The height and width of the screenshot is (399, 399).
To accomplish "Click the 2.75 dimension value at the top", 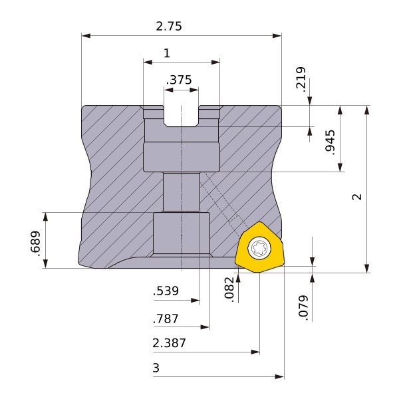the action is point(169,26).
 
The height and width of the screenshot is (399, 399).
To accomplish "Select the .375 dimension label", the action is point(179,80).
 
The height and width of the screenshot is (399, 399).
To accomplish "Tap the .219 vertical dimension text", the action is point(301,79).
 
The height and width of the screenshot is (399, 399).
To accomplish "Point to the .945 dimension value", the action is point(331,142).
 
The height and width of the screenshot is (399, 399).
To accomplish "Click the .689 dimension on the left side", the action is point(35,243).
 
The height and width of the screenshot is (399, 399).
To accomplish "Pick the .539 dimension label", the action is point(166,291).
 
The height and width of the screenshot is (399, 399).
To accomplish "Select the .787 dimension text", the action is point(166,319).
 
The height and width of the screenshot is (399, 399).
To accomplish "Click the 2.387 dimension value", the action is point(169,343).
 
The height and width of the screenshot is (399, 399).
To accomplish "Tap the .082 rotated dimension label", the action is point(229,289).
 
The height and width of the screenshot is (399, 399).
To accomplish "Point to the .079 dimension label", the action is point(303,308).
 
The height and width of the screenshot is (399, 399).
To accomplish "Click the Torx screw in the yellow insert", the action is point(259,247).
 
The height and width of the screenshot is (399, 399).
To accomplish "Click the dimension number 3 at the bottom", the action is point(156,368).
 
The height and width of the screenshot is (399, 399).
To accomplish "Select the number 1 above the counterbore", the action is point(167,53).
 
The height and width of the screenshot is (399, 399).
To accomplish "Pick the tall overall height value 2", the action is point(357,197).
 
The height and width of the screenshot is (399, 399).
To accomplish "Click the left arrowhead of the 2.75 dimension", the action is point(86,36).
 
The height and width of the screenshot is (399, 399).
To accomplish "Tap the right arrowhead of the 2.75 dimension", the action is point(277,36).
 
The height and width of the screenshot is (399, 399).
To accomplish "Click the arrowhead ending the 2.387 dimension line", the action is point(255,352).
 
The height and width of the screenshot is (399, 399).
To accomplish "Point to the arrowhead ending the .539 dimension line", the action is point(195,301).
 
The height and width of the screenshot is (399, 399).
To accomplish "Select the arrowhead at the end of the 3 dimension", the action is point(280,376).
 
